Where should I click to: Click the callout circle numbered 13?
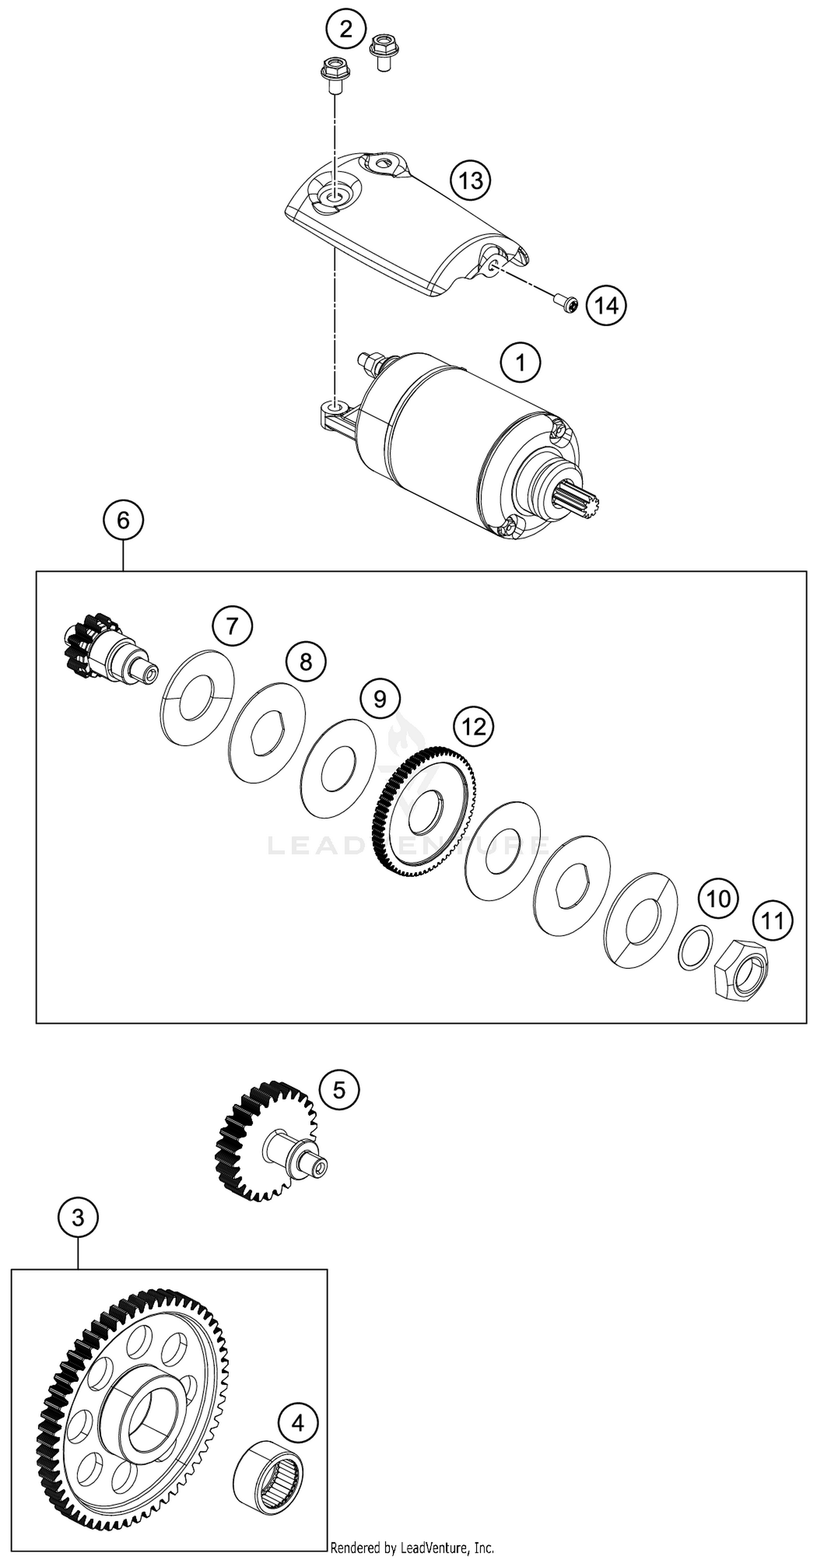coord(470,180)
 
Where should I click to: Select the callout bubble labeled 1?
coord(520,362)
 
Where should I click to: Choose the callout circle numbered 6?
coord(123,520)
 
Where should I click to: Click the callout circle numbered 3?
coord(78,1217)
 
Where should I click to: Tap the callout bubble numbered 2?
coord(345,28)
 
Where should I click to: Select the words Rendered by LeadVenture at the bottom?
coord(412,1548)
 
